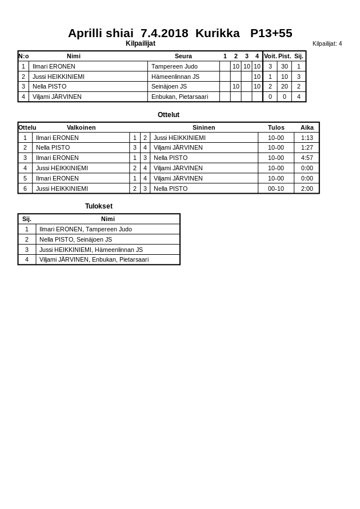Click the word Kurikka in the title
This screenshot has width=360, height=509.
tap(217, 33)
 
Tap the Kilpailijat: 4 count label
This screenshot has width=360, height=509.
tap(327, 43)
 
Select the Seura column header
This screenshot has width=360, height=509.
tap(183, 56)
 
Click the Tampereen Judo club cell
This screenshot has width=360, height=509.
tap(174, 66)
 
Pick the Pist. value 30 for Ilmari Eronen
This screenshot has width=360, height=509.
tap(284, 66)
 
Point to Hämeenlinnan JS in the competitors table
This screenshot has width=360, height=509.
tap(175, 77)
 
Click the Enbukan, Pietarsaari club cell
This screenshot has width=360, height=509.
tap(179, 97)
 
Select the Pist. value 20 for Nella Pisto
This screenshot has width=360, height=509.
tap(284, 86)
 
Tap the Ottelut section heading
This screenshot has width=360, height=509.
tap(169, 115)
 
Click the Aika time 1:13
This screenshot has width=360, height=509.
tap(307, 138)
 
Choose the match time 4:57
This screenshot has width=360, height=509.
tap(307, 158)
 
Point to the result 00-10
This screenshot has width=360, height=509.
tap(276, 189)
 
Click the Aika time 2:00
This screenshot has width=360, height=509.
tap(307, 189)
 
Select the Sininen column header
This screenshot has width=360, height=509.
tap(203, 127)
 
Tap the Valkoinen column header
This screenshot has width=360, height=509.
tap(81, 127)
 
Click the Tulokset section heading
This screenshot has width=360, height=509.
tap(99, 206)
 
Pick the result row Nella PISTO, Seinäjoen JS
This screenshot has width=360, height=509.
tap(75, 239)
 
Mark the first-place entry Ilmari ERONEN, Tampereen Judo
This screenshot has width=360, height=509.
tap(85, 229)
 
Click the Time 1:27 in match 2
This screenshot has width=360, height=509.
tap(307, 147)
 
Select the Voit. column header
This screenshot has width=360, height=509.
tap(270, 56)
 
